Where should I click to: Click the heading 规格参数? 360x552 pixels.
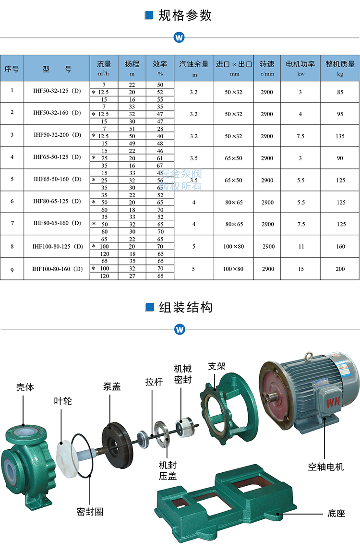(x=185, y=15)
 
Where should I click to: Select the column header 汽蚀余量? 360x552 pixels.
(x=194, y=64)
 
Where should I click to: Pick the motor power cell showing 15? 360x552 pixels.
(x=300, y=269)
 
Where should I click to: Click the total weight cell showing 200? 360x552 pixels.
(x=340, y=269)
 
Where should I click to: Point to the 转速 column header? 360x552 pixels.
(x=267, y=64)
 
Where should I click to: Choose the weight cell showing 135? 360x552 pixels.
(x=340, y=136)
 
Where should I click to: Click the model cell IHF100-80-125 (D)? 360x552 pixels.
(x=58, y=246)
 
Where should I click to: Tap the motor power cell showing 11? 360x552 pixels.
(x=301, y=246)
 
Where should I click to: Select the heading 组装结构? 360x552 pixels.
(x=185, y=307)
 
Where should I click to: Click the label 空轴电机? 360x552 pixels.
(x=326, y=467)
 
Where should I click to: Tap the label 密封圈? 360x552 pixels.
(x=90, y=512)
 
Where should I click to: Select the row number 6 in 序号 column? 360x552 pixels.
(x=12, y=202)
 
